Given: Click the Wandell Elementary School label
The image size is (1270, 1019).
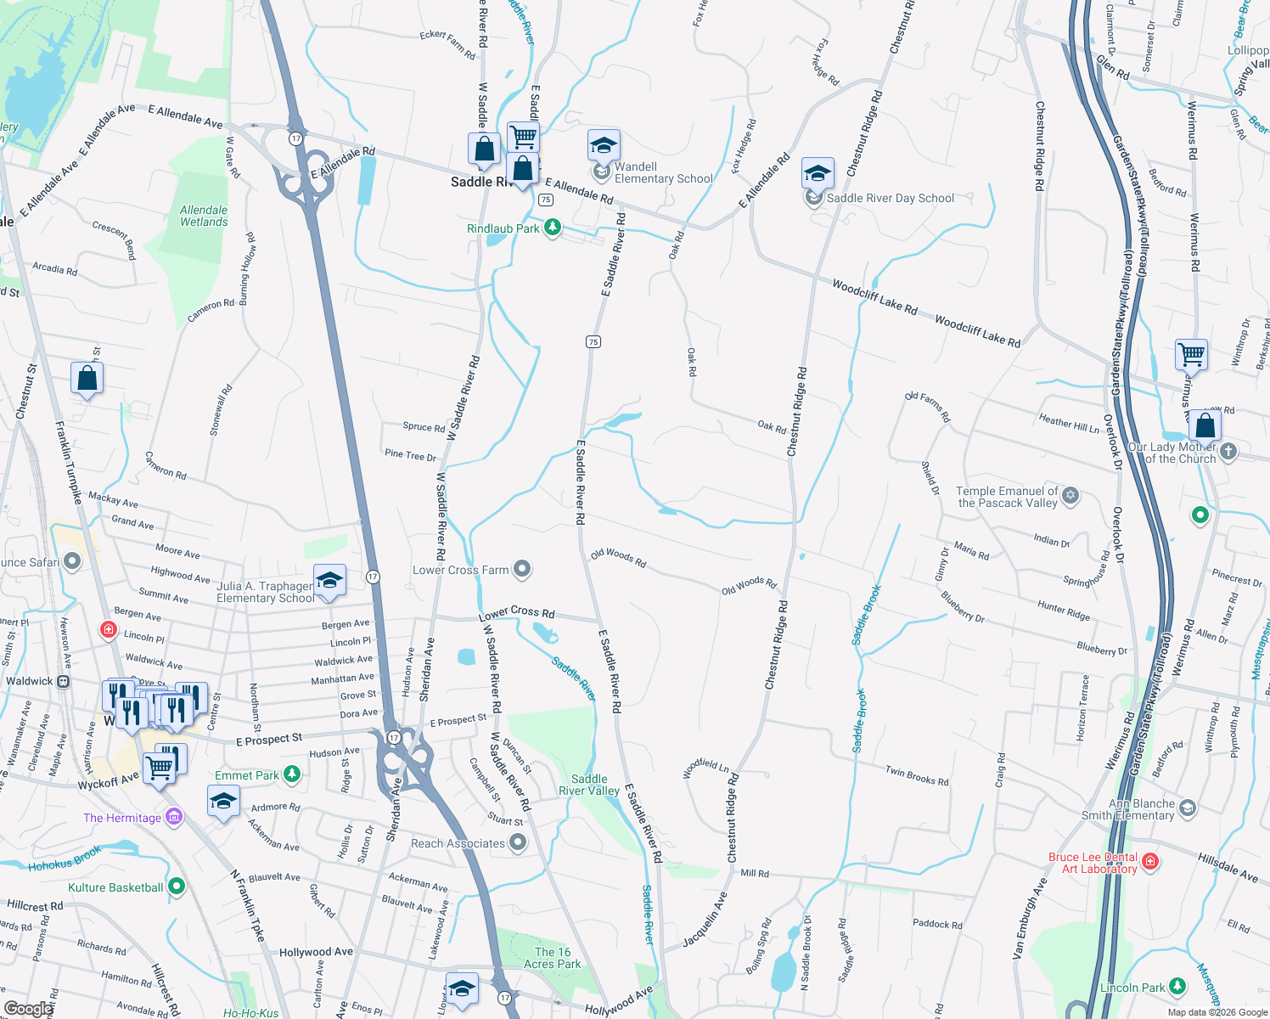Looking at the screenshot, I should [663, 173].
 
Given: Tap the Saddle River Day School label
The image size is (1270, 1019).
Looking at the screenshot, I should [890, 199].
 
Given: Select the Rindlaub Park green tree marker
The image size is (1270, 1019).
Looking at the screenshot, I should [553, 228].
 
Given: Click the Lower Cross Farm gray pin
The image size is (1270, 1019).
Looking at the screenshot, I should [522, 569].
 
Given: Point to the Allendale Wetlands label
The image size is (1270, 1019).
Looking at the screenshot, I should [204, 216].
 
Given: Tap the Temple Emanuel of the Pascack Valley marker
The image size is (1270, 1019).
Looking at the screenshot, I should [1071, 495].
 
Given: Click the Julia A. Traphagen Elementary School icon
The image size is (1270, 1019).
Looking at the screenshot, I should [329, 582].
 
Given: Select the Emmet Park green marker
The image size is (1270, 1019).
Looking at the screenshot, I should [292, 774].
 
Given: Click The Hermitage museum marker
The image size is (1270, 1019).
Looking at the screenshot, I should [174, 817].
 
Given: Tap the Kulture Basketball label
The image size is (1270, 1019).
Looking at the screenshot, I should [115, 887].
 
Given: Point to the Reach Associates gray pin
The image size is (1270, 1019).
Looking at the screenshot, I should [518, 842].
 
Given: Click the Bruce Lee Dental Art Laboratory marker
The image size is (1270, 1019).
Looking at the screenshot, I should [1150, 861].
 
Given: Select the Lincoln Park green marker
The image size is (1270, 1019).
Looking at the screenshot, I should [1177, 986].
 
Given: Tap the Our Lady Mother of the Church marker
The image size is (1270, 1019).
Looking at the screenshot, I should [1228, 451].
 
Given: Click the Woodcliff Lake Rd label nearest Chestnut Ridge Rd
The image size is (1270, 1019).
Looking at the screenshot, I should [874, 297].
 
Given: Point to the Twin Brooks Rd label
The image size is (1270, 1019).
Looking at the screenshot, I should [917, 775].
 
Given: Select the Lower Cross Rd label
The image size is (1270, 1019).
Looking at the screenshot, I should [517, 613].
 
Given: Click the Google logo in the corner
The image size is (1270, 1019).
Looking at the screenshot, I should [28, 1008].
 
